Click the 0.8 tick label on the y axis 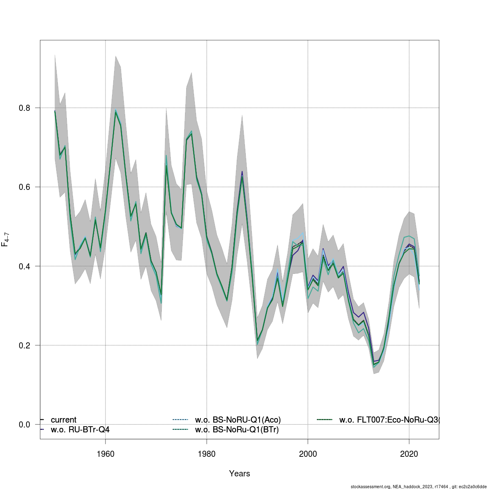click(24, 108)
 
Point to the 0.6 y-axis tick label click(24, 187)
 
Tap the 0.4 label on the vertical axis click(24, 266)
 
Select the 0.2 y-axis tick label click(24, 345)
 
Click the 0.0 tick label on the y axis click(24, 425)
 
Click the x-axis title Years click(240, 474)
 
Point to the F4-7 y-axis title click(6, 240)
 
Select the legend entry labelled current click(63, 420)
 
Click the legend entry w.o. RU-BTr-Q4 click(80, 430)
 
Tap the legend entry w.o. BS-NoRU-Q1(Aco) click(238, 420)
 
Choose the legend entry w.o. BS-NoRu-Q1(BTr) click(237, 430)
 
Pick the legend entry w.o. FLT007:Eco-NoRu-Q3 click(389, 420)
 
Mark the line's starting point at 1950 click(55, 111)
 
